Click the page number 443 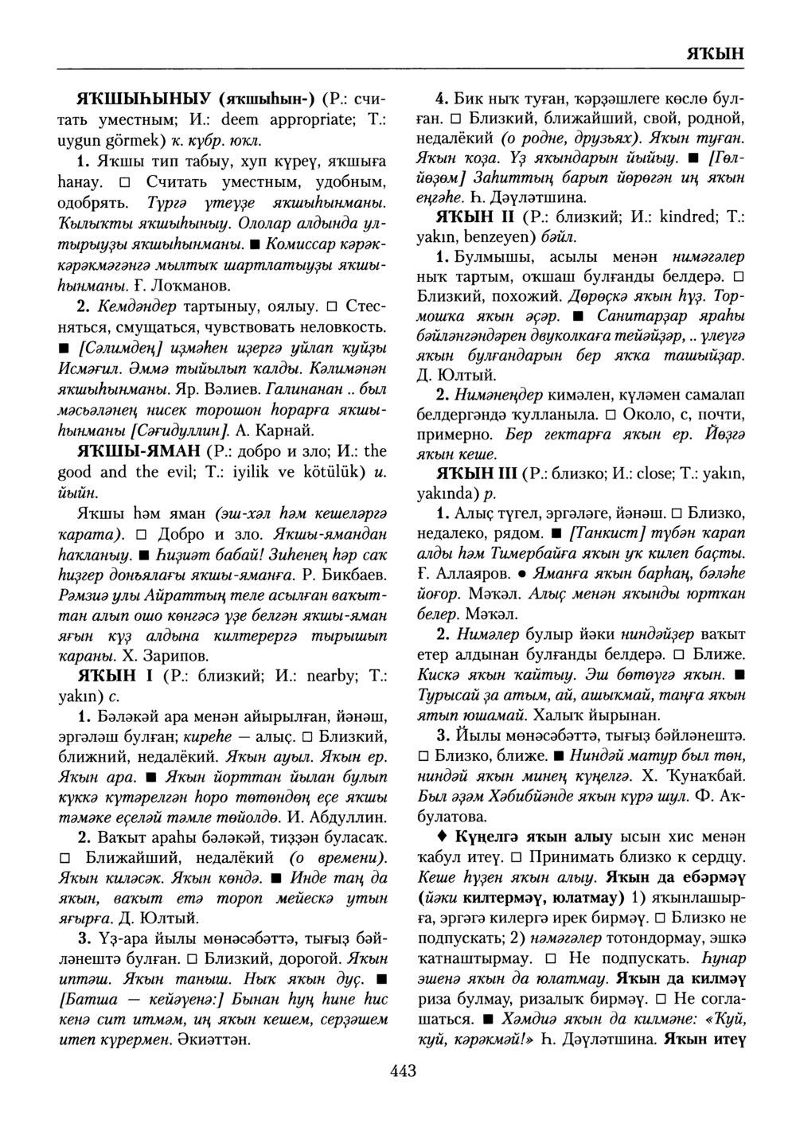click(404, 1070)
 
